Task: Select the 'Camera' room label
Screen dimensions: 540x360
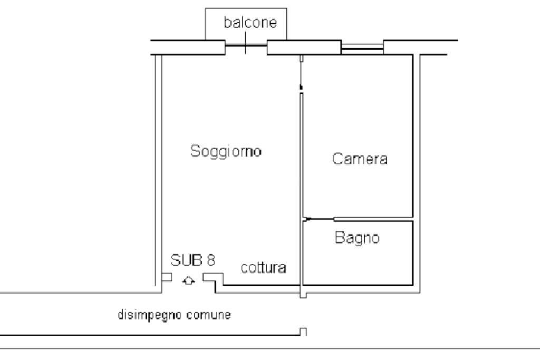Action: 360,159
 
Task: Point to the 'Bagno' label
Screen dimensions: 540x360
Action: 357,238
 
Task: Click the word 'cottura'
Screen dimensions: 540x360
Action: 264,268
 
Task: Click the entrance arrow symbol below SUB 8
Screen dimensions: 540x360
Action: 188,280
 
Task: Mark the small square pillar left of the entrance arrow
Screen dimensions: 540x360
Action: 167,277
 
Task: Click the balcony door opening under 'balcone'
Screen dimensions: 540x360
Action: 246,48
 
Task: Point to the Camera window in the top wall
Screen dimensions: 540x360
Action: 362,48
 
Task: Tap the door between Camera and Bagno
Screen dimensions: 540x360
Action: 319,219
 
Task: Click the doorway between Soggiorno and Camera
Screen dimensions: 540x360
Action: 300,74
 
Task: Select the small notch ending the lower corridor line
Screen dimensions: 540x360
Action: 303,332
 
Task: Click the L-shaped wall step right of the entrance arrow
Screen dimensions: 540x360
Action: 213,279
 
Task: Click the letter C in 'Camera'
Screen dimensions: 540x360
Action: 337,159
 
